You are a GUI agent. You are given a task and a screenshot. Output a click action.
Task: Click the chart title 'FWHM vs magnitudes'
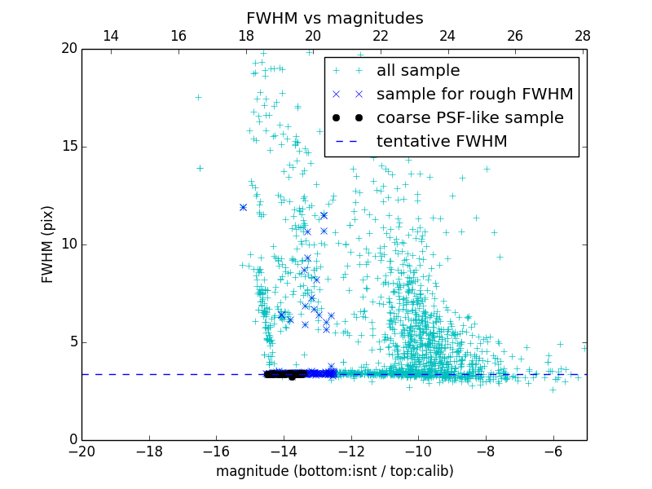click(x=334, y=18)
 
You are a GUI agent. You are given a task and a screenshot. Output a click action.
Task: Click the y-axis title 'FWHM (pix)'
click(x=48, y=244)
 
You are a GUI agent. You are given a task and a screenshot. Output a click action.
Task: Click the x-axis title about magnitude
click(x=334, y=471)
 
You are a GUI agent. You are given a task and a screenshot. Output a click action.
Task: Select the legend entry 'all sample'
click(x=418, y=71)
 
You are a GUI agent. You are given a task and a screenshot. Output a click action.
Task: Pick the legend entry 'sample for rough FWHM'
click(x=474, y=95)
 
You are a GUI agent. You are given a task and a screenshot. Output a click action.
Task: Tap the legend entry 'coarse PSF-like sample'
click(x=469, y=118)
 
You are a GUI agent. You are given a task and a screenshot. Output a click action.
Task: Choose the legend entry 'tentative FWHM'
click(x=442, y=142)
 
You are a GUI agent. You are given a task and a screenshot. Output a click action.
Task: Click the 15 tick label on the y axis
click(x=68, y=147)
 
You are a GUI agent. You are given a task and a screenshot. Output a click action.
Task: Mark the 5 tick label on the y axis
click(x=72, y=342)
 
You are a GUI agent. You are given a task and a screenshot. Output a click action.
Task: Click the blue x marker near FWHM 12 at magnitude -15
click(x=243, y=207)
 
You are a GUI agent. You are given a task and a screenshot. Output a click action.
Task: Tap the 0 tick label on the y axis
click(x=72, y=440)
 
